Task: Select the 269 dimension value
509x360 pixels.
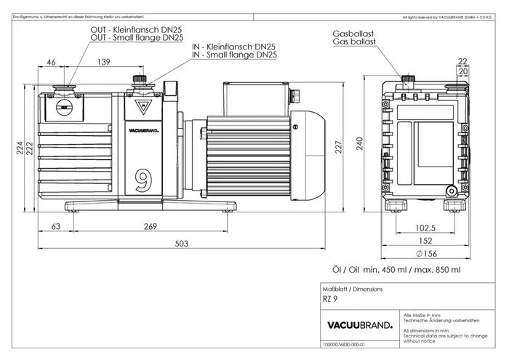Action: click(x=151, y=227)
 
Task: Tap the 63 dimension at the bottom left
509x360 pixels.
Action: click(x=55, y=227)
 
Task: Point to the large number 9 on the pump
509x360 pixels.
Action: click(x=143, y=177)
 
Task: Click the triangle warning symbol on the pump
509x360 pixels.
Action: click(x=143, y=108)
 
